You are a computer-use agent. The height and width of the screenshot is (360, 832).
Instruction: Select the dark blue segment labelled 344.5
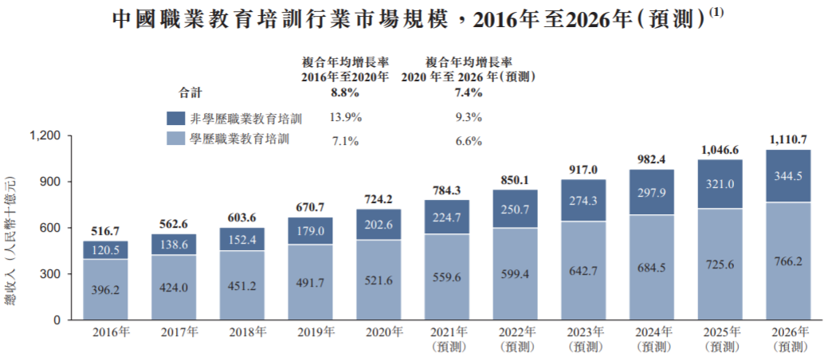[x=789, y=177]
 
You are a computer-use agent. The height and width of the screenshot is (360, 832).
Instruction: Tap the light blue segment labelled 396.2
[x=105, y=290]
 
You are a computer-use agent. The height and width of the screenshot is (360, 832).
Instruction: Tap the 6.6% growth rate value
[x=468, y=141]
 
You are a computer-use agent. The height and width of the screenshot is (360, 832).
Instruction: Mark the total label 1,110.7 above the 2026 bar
[x=789, y=139]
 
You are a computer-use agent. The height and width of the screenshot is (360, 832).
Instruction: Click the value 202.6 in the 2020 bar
[x=379, y=225]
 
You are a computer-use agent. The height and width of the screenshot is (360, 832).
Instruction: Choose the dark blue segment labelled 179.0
[x=311, y=231]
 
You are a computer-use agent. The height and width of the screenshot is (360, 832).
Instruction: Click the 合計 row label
[x=191, y=92]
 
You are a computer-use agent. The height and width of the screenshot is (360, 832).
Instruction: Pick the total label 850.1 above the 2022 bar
[x=516, y=179]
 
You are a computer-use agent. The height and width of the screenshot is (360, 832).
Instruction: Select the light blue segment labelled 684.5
[x=652, y=268]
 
